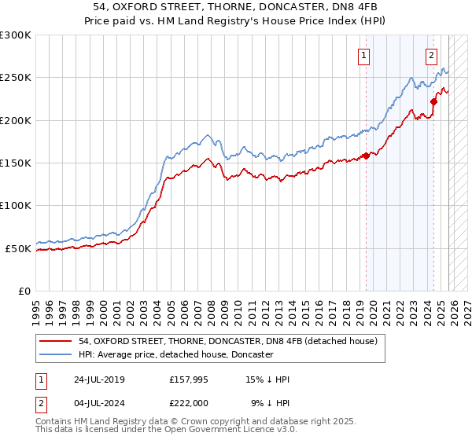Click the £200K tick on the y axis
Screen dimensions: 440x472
click(x=16, y=121)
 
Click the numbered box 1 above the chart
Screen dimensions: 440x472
click(x=365, y=55)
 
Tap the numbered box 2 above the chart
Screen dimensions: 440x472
click(x=433, y=55)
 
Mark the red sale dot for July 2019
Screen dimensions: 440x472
click(x=366, y=156)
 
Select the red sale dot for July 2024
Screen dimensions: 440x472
click(x=433, y=101)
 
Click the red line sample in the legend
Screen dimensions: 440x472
click(x=56, y=341)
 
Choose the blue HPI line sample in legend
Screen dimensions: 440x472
click(x=56, y=354)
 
